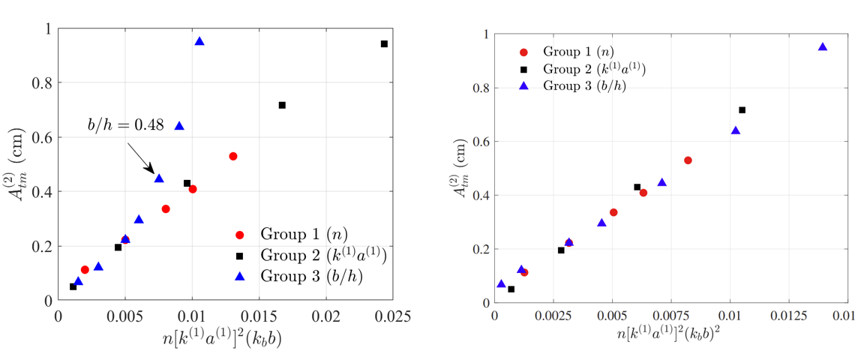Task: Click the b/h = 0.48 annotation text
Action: click(x=123, y=126)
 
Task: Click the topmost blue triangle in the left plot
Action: click(x=199, y=41)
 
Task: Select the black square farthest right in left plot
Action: click(x=384, y=44)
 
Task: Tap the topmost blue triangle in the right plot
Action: click(x=823, y=46)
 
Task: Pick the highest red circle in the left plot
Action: click(x=233, y=156)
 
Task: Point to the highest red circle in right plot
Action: click(x=688, y=160)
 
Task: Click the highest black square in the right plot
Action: click(x=742, y=110)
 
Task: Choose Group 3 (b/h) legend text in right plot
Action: click(x=584, y=85)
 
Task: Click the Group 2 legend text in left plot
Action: click(x=322, y=255)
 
